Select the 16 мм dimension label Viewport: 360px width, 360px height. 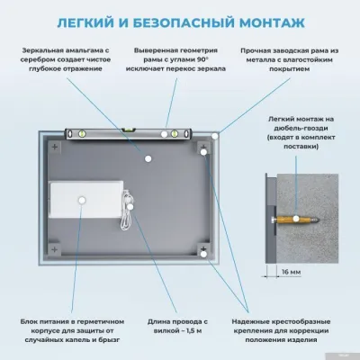291,271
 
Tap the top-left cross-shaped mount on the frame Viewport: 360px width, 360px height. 53,145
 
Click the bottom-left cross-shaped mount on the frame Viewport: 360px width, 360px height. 53,257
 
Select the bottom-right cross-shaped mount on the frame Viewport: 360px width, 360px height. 204,257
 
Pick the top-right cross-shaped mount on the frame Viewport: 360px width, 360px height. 204,145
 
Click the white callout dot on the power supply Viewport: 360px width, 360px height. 82,199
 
